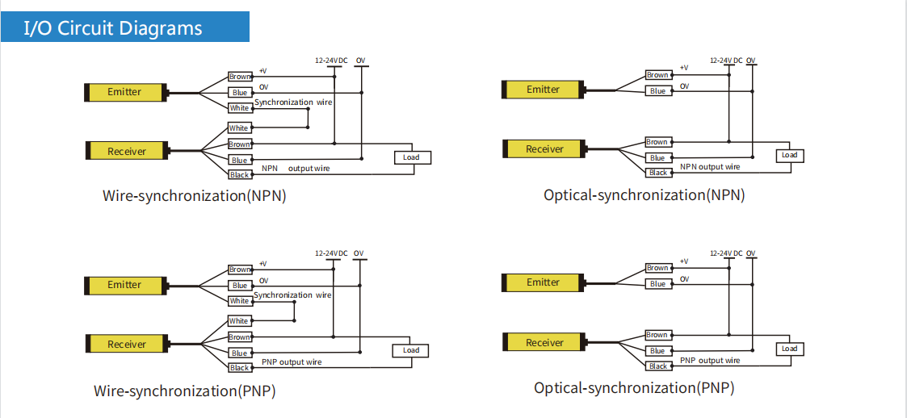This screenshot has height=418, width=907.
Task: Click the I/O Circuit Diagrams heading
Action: (113, 28)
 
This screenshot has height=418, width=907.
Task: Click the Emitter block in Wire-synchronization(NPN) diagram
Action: (125, 92)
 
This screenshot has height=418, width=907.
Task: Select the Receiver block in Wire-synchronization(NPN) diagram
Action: (127, 151)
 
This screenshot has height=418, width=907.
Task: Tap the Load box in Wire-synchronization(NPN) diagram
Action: (411, 157)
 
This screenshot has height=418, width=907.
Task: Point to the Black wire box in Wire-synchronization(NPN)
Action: (240, 175)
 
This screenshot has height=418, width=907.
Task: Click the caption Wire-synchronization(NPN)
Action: (195, 196)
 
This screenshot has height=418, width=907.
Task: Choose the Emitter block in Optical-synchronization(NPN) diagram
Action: (543, 90)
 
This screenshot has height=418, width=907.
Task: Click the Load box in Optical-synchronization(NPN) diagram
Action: (789, 155)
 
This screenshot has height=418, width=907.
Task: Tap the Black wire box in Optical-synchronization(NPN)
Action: (658, 173)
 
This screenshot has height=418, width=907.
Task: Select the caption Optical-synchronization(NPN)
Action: (644, 195)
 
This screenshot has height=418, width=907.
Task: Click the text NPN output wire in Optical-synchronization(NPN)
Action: (710, 167)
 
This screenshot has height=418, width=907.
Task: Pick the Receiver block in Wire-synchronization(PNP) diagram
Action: (127, 344)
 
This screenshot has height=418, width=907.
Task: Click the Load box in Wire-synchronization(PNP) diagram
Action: (411, 350)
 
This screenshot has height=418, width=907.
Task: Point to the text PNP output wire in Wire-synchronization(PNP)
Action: (292, 362)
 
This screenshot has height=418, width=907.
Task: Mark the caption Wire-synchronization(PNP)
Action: (185, 391)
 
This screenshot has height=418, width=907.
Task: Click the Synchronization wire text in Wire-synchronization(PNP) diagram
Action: (292, 295)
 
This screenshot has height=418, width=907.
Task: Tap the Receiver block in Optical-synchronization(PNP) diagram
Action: (544, 342)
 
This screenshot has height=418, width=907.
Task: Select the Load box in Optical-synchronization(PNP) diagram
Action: (789, 349)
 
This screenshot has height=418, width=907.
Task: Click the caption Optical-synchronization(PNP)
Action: (634, 388)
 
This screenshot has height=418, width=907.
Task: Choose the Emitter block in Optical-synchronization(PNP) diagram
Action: (543, 282)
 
